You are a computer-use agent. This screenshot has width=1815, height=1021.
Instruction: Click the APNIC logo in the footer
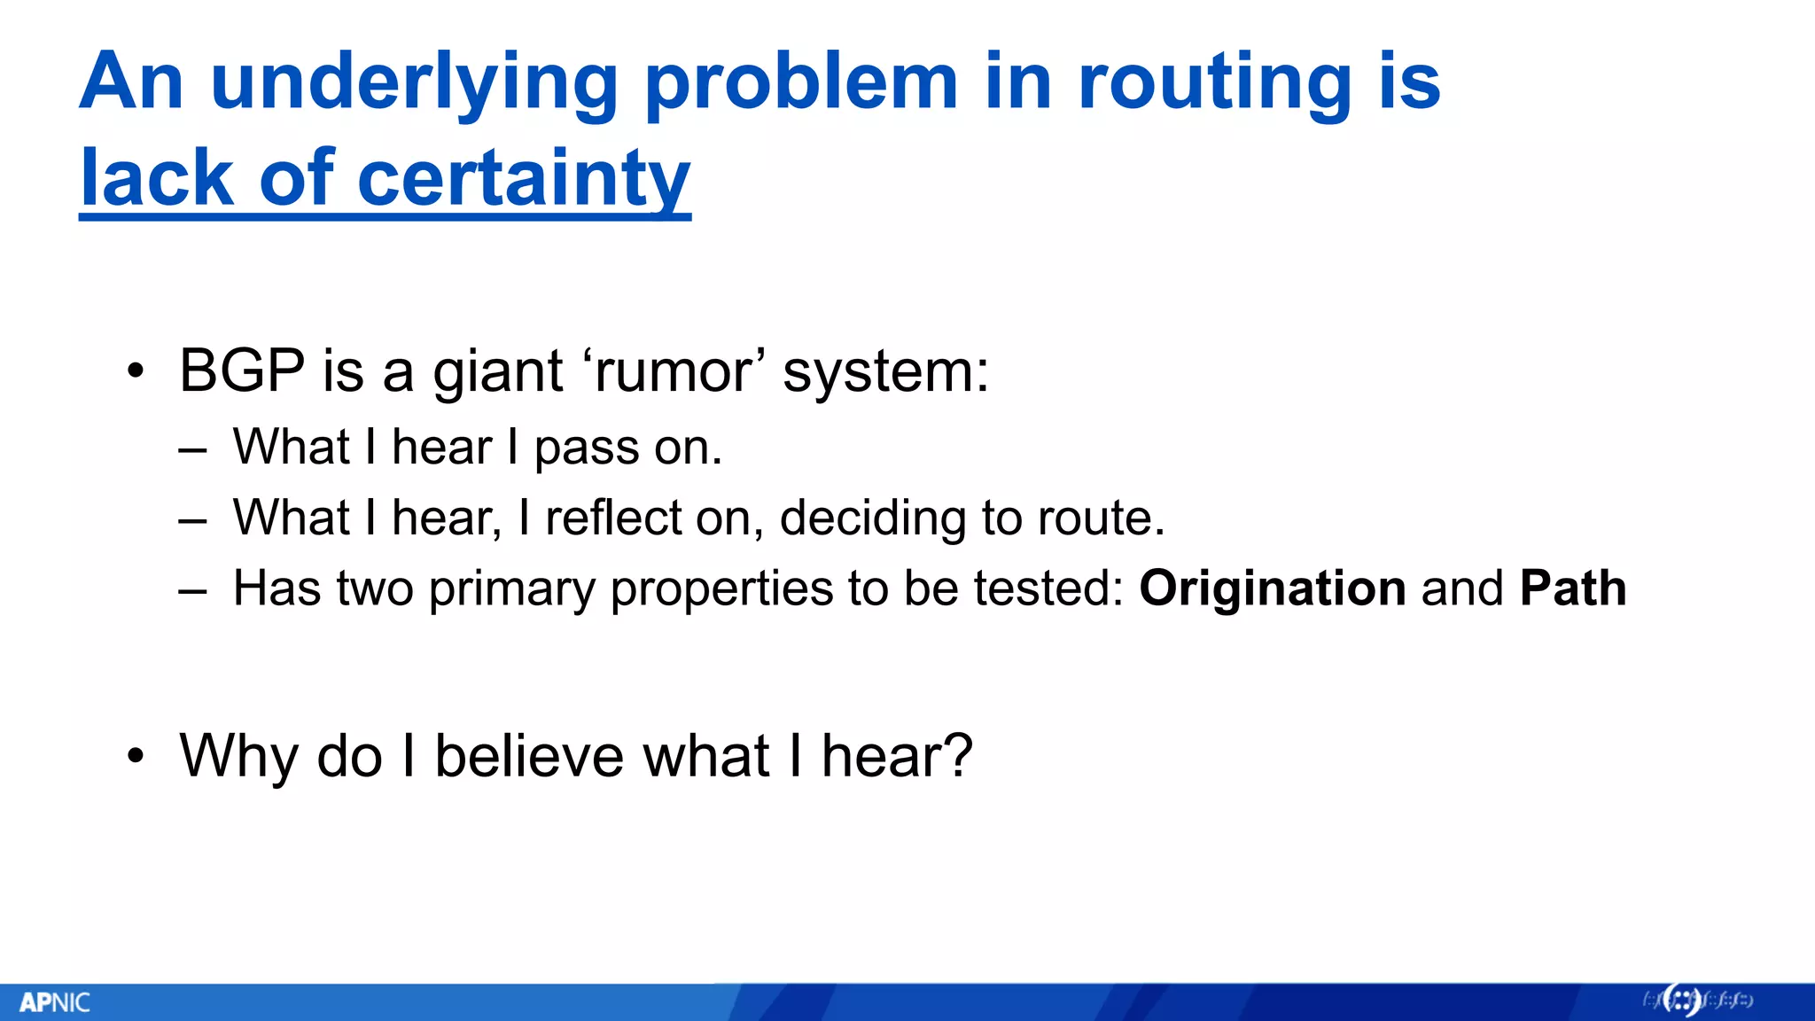click(55, 1002)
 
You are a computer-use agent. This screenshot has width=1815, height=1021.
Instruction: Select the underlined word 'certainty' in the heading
click(523, 179)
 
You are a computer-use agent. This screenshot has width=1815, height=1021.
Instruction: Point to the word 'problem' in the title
click(801, 82)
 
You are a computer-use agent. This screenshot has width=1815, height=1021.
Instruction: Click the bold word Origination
click(1272, 588)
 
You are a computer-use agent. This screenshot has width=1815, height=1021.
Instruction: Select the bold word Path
click(1573, 588)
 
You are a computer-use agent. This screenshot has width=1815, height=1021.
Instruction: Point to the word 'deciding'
click(873, 519)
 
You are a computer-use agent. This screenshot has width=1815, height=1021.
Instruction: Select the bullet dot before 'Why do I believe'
click(135, 757)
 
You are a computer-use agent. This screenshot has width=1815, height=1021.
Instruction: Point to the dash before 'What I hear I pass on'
click(192, 450)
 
